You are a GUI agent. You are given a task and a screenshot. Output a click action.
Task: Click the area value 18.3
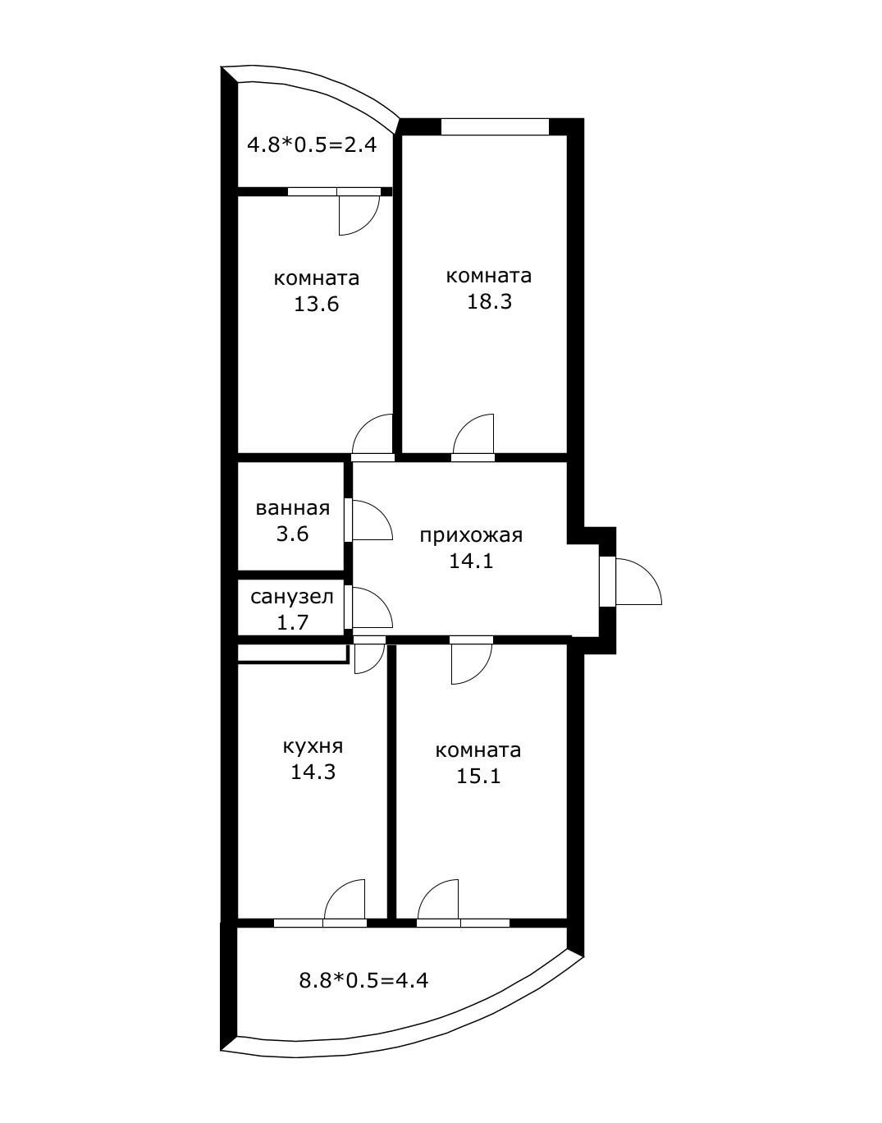pyautogui.click(x=489, y=301)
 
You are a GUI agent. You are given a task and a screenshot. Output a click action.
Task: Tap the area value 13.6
pyautogui.click(x=316, y=305)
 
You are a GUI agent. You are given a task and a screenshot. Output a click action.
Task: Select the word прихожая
pyautogui.click(x=471, y=536)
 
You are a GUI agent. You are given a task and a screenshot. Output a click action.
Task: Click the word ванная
pyautogui.click(x=293, y=508)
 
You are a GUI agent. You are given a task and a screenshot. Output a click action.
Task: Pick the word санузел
pyautogui.click(x=292, y=597)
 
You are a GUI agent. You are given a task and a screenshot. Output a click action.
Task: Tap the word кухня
pyautogui.click(x=313, y=746)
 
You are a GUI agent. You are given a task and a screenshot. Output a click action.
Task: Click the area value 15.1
pyautogui.click(x=478, y=776)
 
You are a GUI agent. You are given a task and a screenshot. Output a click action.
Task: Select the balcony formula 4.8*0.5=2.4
pyautogui.click(x=312, y=145)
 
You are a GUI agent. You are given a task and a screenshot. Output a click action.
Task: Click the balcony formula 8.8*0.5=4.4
pyautogui.click(x=363, y=979)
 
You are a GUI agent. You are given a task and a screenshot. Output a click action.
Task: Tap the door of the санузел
pyautogui.click(x=369, y=608)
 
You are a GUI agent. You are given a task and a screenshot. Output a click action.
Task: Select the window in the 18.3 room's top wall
pyautogui.click(x=495, y=127)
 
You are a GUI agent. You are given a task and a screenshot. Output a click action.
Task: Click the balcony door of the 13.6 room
pyautogui.click(x=359, y=212)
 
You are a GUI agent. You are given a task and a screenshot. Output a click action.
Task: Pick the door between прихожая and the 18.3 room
pyautogui.click(x=473, y=437)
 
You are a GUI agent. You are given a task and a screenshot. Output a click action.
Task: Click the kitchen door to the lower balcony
pyautogui.click(x=345, y=903)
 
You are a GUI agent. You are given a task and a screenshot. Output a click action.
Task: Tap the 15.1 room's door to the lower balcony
pyautogui.click(x=439, y=903)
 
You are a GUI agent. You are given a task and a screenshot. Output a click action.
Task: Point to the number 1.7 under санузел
pyautogui.click(x=292, y=622)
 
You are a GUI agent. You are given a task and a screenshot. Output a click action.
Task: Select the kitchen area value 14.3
pyautogui.click(x=313, y=772)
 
